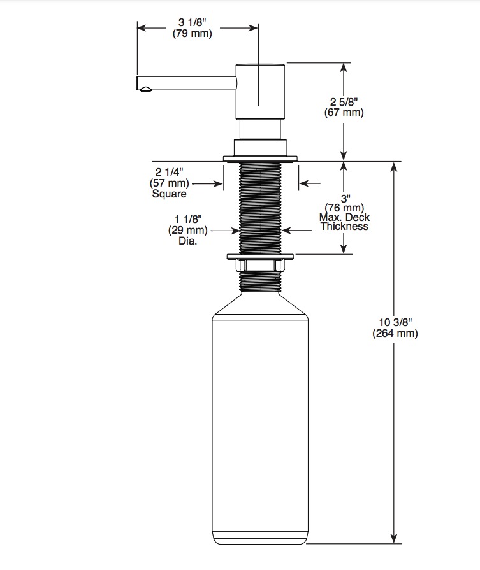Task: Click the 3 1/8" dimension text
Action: [x=192, y=22]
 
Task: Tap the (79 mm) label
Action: [x=192, y=34]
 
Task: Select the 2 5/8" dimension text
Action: [x=344, y=101]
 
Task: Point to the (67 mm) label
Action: [x=344, y=112]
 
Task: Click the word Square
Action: [x=169, y=194]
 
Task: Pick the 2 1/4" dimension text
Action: [x=169, y=171]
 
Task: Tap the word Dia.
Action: [x=188, y=241]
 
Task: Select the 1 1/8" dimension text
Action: [x=188, y=219]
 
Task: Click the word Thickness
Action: [x=344, y=226]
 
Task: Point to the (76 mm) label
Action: [x=344, y=208]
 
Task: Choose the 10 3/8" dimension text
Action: [x=395, y=322]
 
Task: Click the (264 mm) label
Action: [x=395, y=333]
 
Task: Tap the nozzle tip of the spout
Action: [x=145, y=89]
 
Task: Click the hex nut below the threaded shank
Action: [x=260, y=265]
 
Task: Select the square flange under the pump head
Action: [x=260, y=159]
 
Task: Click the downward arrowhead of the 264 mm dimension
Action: [x=393, y=539]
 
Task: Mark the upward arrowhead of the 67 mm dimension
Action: [x=344, y=68]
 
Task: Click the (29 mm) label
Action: [x=188, y=230]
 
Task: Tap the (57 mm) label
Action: [x=169, y=183]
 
